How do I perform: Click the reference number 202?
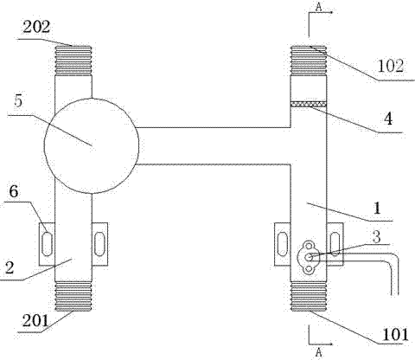(36, 28)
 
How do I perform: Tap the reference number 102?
(390, 66)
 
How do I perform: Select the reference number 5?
(18, 101)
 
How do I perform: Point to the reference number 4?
(388, 119)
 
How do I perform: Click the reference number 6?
(14, 191)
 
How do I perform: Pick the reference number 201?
(35, 320)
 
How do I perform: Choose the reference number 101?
(395, 335)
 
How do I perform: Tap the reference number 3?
(376, 237)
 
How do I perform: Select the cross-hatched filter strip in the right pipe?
(309, 104)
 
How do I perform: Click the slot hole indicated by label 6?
(47, 244)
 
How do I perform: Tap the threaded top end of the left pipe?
(73, 61)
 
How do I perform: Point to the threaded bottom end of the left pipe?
(73, 296)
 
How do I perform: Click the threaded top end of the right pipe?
(309, 61)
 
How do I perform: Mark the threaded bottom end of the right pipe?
(309, 296)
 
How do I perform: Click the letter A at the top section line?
(318, 7)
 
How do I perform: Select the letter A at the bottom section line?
(318, 352)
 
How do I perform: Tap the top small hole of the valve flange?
(309, 247)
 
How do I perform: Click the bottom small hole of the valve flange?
(309, 269)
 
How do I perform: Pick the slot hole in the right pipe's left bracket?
(282, 244)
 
